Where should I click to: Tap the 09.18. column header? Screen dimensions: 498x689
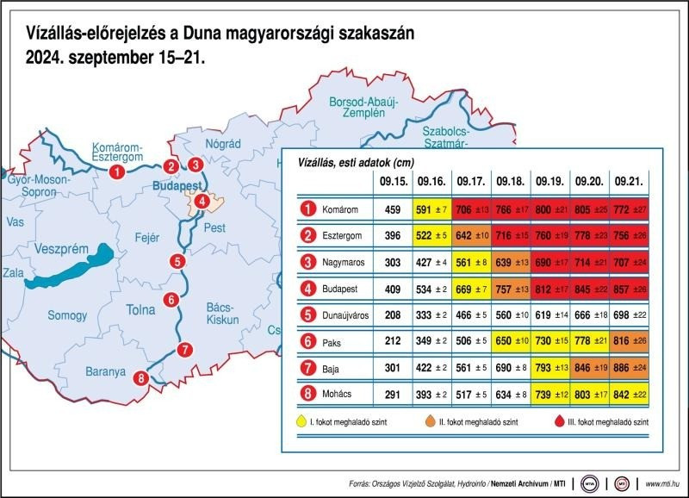point(509,182)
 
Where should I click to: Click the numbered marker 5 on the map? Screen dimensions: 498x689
point(177,262)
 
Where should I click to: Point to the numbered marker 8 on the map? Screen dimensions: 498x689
point(141,377)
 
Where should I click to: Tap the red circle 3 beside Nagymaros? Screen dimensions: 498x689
point(306,262)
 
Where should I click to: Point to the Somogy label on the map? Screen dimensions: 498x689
point(65,315)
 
